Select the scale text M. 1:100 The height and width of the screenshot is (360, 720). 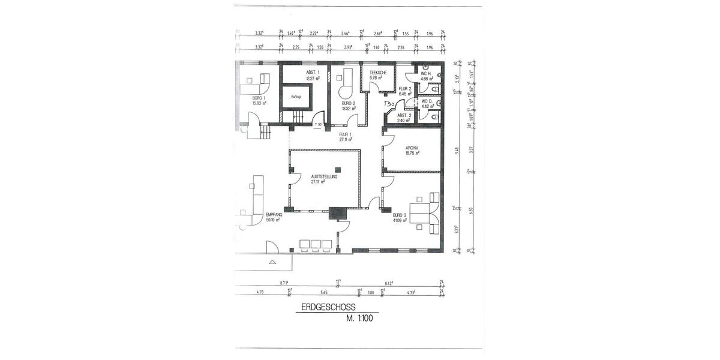359,319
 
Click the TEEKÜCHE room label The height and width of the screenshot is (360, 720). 378,73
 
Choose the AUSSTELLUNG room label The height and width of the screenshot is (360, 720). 324,177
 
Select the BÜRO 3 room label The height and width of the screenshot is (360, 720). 400,215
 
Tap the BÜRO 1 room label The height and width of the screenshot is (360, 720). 259,98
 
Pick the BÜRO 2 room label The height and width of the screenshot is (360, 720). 349,103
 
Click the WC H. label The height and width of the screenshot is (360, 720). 427,74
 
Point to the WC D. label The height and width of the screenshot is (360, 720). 427,101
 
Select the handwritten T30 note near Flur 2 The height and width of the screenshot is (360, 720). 388,104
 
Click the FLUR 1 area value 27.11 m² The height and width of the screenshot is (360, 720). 344,139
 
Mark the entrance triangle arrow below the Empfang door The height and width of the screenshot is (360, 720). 273,262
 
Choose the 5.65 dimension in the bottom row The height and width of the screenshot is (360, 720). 323,292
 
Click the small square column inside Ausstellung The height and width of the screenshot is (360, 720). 338,169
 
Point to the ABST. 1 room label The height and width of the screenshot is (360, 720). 313,73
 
